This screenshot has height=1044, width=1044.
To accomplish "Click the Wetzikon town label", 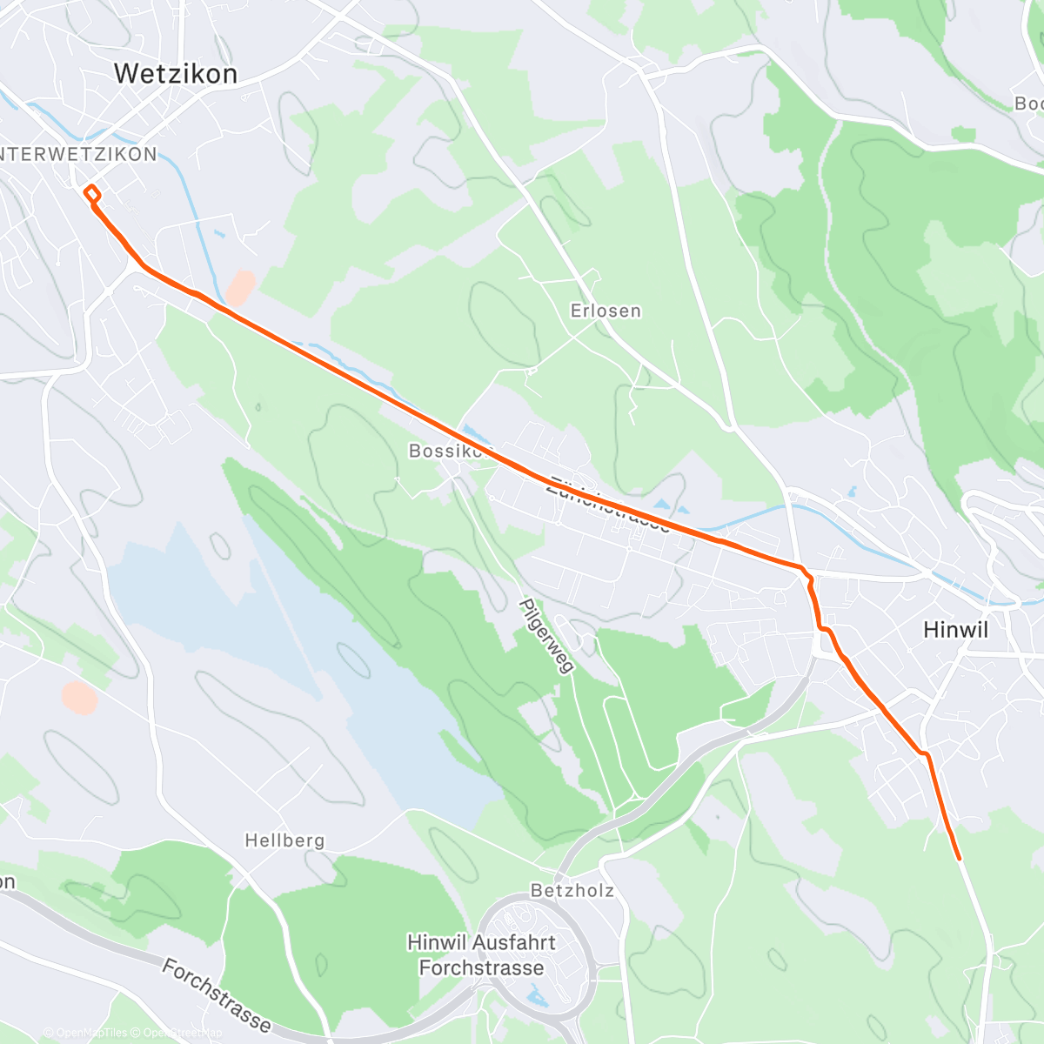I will tap(175, 74).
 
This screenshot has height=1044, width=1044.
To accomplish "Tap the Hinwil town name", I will tap(955, 630).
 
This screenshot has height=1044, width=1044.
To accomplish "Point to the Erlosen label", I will tap(606, 311).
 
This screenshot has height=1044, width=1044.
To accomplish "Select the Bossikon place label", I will tap(445, 451).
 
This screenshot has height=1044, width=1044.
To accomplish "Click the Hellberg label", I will tap(284, 840).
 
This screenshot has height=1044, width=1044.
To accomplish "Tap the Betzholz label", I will tap(572, 890).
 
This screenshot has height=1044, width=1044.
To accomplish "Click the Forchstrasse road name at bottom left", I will tap(217, 995).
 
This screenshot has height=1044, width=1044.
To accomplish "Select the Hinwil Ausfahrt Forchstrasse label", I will tap(481, 955).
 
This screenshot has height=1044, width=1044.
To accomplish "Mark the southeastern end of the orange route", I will tap(959, 859).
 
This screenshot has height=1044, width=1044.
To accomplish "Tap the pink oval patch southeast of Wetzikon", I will tap(240, 288).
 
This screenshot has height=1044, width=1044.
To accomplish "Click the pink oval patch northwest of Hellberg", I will tap(79, 698).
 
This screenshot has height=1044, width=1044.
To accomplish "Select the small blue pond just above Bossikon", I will tap(471, 431).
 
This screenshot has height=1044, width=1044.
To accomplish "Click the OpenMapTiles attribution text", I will tap(85, 1033).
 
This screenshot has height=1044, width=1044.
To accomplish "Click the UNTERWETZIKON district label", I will tap(78, 155).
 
